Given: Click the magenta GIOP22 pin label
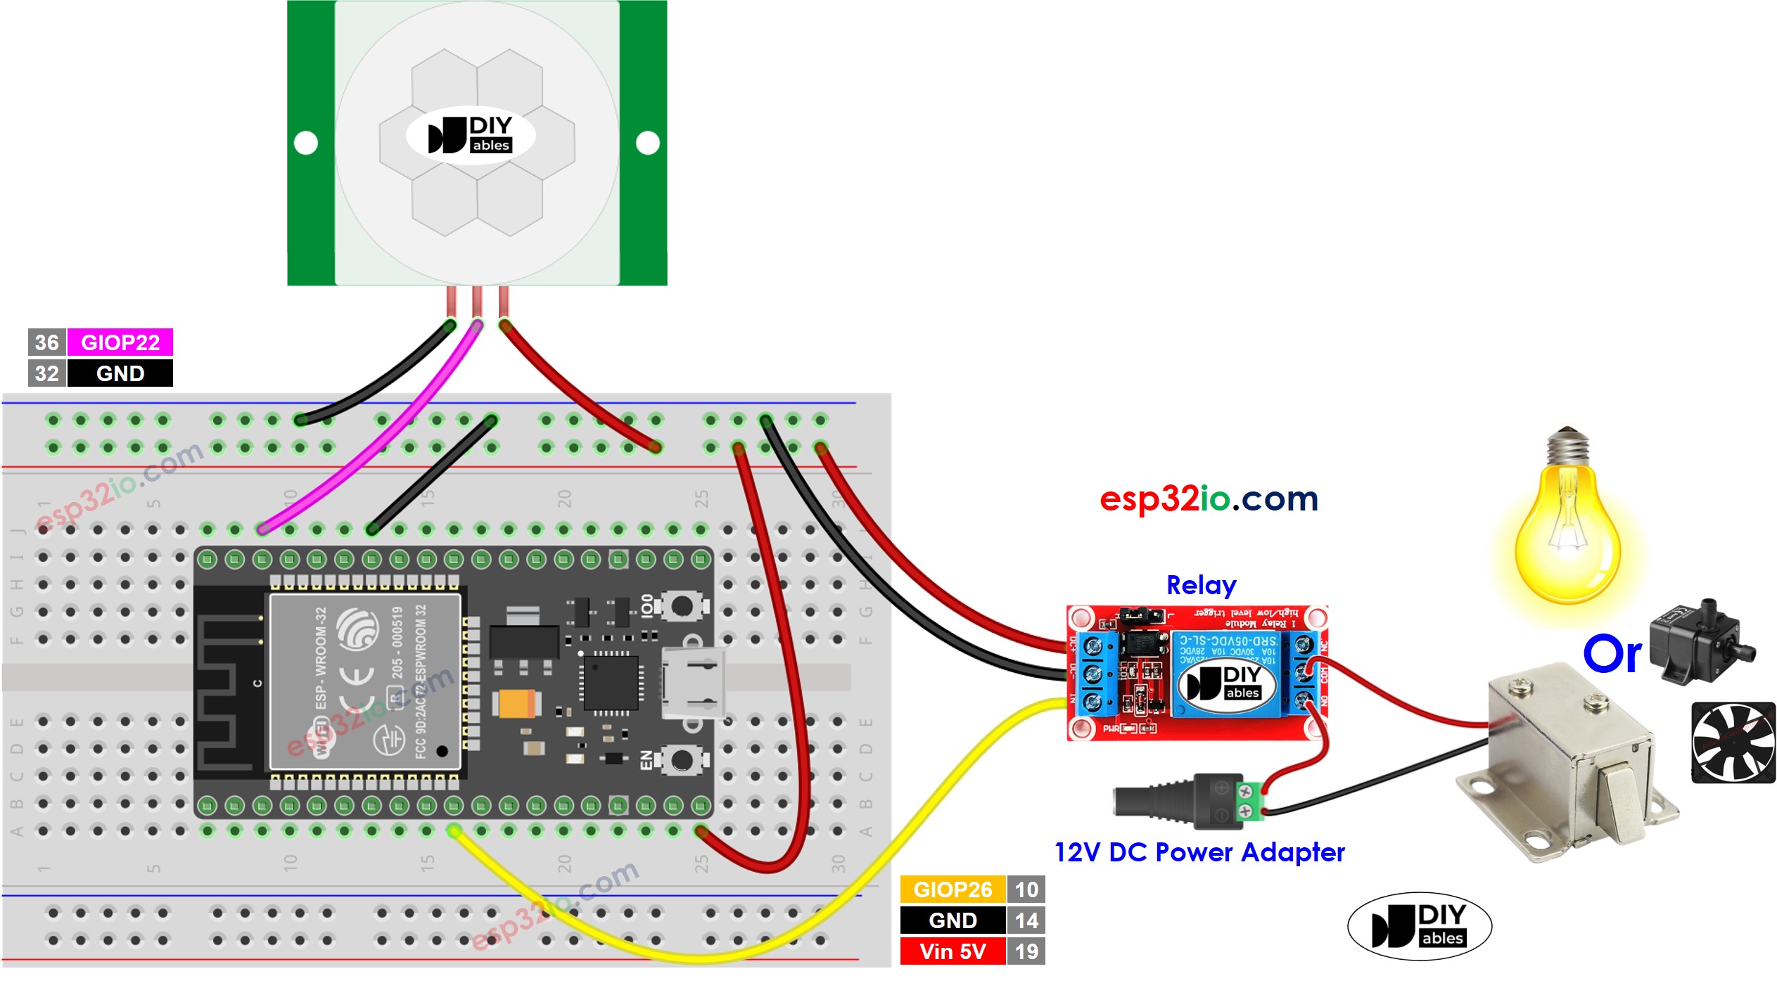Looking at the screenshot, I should pos(120,342).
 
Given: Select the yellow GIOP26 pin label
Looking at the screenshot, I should pos(953,890).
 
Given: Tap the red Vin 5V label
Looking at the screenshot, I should pos(953,952).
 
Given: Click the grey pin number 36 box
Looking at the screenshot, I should pos(46,342).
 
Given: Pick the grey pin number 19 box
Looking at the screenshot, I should pos(1026,952).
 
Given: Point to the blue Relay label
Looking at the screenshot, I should pos(1201,585).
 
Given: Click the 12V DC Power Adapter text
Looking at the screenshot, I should pos(1199,852).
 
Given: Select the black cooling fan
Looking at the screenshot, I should pos(1733,743).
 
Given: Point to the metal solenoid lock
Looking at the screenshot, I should pos(1569,766).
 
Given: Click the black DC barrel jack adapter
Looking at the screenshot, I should pos(1189,802).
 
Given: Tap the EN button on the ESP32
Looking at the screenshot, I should pos(682,760).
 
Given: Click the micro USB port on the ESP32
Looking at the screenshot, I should pos(693,682).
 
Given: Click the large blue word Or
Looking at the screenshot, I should pos(1612,654).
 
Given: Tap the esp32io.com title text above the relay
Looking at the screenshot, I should pos(1209,499).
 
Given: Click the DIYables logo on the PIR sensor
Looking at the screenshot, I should pos(471,135).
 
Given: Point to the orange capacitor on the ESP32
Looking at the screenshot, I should pos(517,703).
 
